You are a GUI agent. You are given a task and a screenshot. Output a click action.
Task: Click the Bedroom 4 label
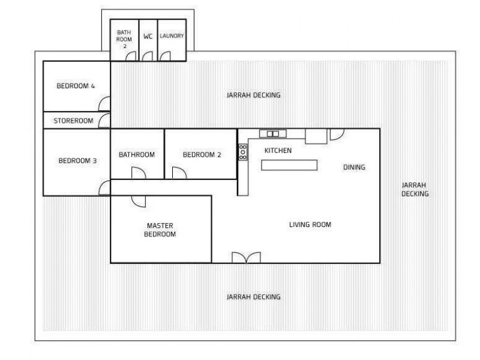(76, 86)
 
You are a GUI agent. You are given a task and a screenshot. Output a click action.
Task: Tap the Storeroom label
(73, 121)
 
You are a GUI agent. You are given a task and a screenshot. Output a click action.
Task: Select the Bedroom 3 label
(77, 160)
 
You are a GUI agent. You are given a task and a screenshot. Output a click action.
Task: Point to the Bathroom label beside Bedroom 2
(136, 155)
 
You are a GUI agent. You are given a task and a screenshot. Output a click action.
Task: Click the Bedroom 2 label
(202, 155)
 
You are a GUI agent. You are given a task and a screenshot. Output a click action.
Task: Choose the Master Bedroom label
(160, 230)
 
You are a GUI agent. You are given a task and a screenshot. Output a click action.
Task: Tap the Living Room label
(310, 225)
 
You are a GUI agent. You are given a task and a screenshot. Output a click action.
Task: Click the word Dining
(354, 167)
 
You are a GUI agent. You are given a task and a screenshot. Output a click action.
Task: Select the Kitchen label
(278, 151)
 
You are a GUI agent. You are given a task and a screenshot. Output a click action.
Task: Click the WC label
(148, 36)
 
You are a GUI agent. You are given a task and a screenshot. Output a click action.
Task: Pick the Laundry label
(172, 36)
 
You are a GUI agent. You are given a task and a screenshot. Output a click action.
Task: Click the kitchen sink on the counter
(272, 133)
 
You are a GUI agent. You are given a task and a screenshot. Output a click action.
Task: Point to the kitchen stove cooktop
(243, 152)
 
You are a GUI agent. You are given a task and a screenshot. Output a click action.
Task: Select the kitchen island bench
(289, 165)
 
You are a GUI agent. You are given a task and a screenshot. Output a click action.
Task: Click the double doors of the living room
(246, 257)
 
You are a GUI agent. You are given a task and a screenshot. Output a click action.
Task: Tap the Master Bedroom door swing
(137, 201)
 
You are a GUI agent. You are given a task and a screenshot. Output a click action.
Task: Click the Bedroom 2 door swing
(179, 173)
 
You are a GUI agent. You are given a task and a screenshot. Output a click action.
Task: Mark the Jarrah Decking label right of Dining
(415, 190)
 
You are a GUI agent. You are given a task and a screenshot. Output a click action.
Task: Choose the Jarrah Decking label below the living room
(253, 297)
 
